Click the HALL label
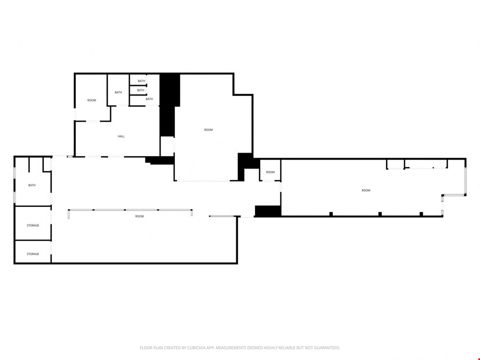click(x=121, y=136)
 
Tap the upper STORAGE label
click(x=33, y=225)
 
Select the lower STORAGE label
click(x=33, y=254)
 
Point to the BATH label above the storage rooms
click(x=32, y=185)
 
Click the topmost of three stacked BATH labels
click(x=141, y=81)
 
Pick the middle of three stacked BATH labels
click(x=140, y=90)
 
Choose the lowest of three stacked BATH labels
click(x=149, y=99)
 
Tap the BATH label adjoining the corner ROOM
click(x=118, y=92)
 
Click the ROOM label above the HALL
click(x=92, y=100)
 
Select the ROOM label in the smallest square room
click(x=270, y=172)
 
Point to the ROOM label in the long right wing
click(x=366, y=190)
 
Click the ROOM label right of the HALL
click(x=209, y=130)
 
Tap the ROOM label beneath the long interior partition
click(x=139, y=216)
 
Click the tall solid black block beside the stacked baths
click(x=168, y=104)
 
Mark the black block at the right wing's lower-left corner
click(x=268, y=211)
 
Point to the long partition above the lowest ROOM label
click(x=130, y=210)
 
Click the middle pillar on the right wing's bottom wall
click(x=380, y=214)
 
